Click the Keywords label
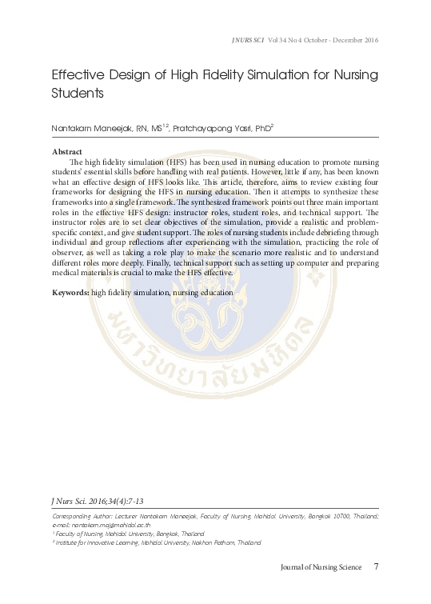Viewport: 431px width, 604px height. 70,293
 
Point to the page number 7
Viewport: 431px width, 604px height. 376,568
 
